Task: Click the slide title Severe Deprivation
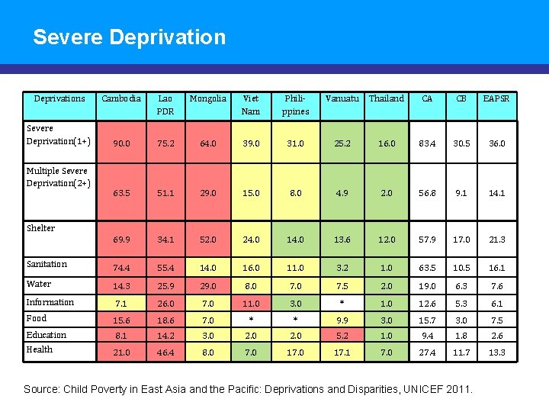pyautogui.click(x=130, y=37)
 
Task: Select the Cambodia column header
pyautogui.click(x=121, y=98)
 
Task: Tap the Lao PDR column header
pyautogui.click(x=165, y=105)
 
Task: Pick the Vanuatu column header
pyautogui.click(x=342, y=98)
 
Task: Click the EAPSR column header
pyautogui.click(x=496, y=98)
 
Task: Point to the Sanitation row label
pyautogui.click(x=47, y=264)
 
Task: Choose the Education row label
pyautogui.click(x=47, y=335)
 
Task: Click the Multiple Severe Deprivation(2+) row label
pyautogui.click(x=58, y=177)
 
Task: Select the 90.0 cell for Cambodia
pyautogui.click(x=121, y=143)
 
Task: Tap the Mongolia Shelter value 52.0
pyautogui.click(x=208, y=240)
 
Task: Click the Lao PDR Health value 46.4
pyautogui.click(x=165, y=352)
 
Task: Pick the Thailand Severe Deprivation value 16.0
pyautogui.click(x=387, y=143)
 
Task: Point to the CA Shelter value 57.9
pyautogui.click(x=427, y=240)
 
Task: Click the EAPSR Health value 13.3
pyautogui.click(x=496, y=352)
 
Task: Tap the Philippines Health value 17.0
pyautogui.click(x=295, y=352)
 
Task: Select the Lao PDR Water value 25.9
pyautogui.click(x=165, y=285)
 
